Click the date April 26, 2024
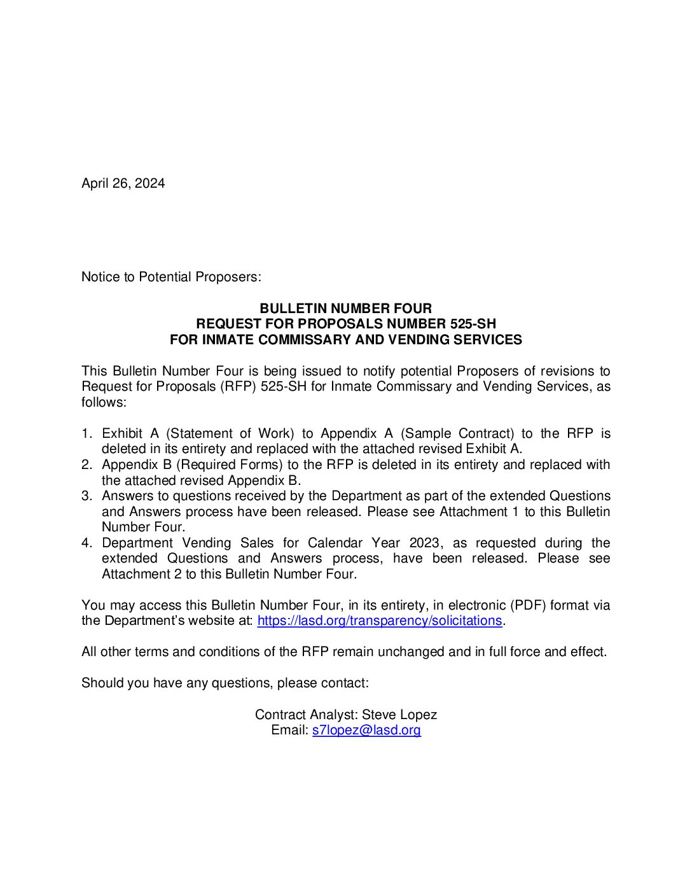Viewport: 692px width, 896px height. click(x=123, y=183)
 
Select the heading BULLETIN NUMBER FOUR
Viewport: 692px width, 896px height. click(x=345, y=309)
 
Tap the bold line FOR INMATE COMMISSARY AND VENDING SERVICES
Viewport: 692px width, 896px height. click(x=345, y=340)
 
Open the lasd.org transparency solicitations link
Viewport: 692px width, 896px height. click(x=380, y=620)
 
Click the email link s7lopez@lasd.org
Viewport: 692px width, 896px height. click(x=366, y=730)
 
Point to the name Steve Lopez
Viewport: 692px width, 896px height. click(x=399, y=715)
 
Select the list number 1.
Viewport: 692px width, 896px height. click(x=86, y=433)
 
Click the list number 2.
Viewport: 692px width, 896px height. click(x=86, y=465)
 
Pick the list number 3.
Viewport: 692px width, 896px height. click(x=86, y=496)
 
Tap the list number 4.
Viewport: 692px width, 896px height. click(x=86, y=543)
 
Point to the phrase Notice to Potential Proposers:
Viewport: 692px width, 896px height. click(x=171, y=277)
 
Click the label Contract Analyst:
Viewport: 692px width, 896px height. click(x=306, y=715)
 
